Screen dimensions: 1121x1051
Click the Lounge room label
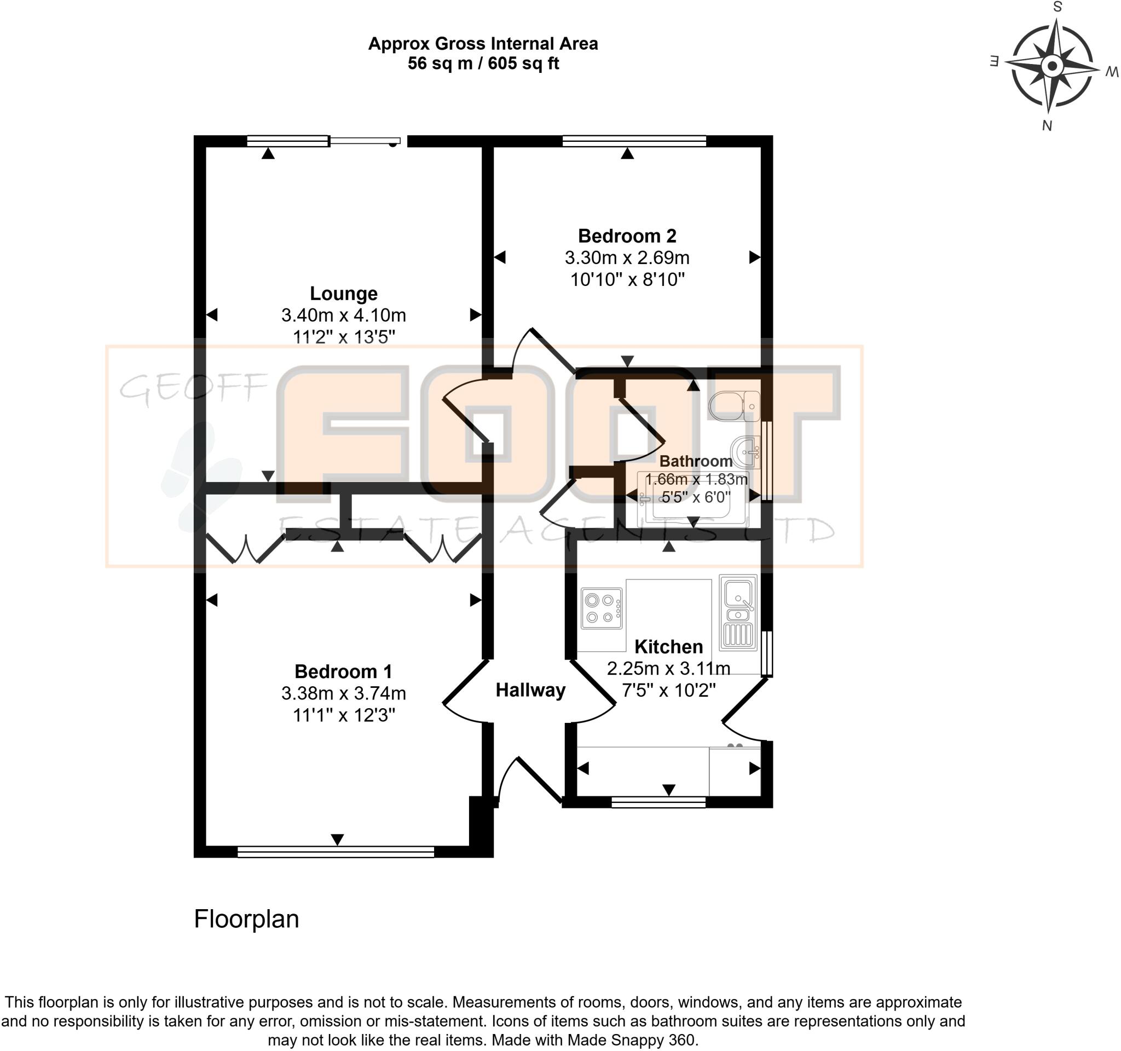pyautogui.click(x=343, y=294)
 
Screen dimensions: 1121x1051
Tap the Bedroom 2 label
pyautogui.click(x=627, y=236)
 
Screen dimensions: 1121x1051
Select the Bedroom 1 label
pyautogui.click(x=343, y=671)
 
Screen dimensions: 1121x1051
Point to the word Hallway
pyautogui.click(x=530, y=690)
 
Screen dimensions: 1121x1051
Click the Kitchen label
pyautogui.click(x=669, y=646)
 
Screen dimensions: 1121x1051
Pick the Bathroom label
pyautogui.click(x=696, y=461)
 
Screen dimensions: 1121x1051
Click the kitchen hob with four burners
pyautogui.click(x=602, y=608)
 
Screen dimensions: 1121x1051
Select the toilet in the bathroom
pyautogui.click(x=734, y=406)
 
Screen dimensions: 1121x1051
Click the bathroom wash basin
pyautogui.click(x=746, y=452)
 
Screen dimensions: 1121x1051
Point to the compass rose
pyautogui.click(x=1051, y=66)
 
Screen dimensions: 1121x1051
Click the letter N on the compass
pyautogui.click(x=1047, y=126)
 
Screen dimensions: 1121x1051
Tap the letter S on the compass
pyautogui.click(x=1058, y=7)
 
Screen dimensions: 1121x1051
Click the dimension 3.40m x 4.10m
pyautogui.click(x=343, y=315)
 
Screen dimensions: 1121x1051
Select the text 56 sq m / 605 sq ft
pyautogui.click(x=483, y=63)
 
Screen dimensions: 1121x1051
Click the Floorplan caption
pyautogui.click(x=246, y=919)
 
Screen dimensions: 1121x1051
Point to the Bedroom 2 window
pyautogui.click(x=634, y=141)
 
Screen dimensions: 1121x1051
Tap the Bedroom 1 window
pyautogui.click(x=336, y=852)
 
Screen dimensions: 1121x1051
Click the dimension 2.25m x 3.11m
pyautogui.click(x=669, y=669)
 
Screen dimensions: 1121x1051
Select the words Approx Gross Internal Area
pyautogui.click(x=483, y=43)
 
